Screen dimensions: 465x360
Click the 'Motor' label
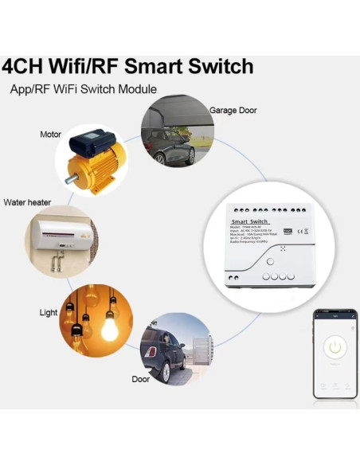[50, 135]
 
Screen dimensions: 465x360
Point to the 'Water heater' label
[27, 202]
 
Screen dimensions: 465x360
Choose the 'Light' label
[49, 313]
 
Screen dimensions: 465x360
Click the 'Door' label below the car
[140, 379]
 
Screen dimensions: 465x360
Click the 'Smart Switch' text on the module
[250, 222]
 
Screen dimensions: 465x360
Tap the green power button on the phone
[335, 347]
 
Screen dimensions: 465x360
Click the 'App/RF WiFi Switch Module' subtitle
[83, 89]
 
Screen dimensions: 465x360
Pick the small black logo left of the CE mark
[288, 231]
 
